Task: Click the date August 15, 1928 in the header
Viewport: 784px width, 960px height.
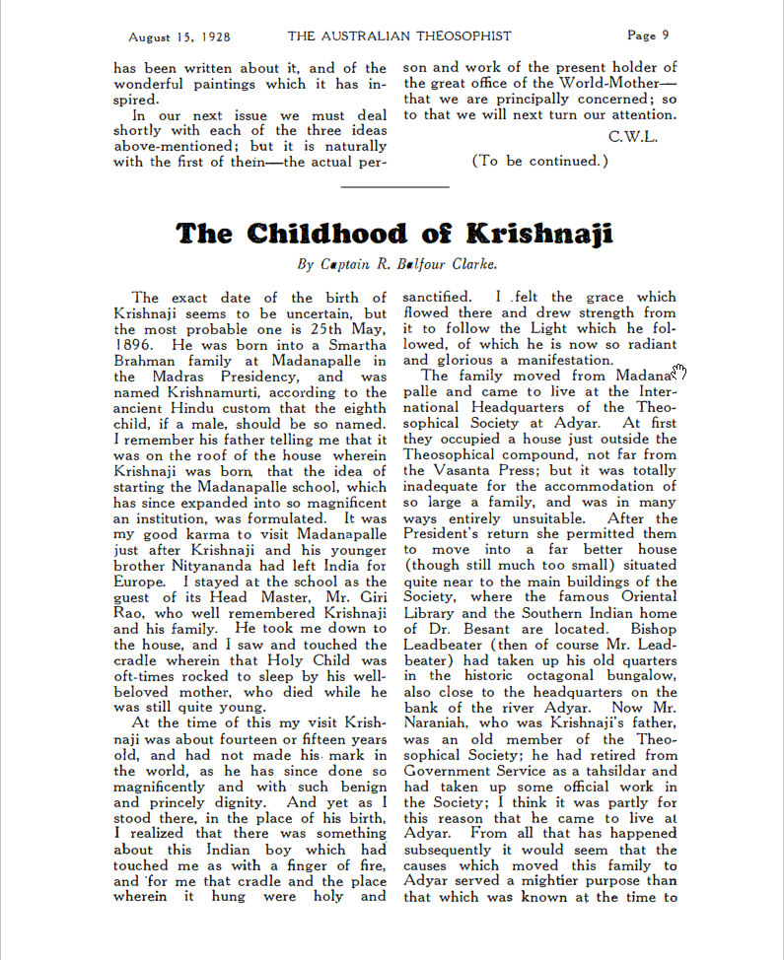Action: tap(179, 36)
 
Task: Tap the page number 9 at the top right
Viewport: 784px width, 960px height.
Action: tap(666, 35)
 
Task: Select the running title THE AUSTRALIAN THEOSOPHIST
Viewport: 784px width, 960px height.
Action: tap(399, 36)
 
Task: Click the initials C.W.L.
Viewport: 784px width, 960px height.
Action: tap(633, 136)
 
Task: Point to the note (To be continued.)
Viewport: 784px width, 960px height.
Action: tap(540, 161)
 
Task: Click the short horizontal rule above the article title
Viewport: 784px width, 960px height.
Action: tap(394, 185)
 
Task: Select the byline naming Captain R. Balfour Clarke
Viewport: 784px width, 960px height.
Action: tap(396, 264)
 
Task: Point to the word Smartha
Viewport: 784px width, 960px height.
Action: tap(351, 345)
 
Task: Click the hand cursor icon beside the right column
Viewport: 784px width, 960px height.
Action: tap(679, 371)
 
